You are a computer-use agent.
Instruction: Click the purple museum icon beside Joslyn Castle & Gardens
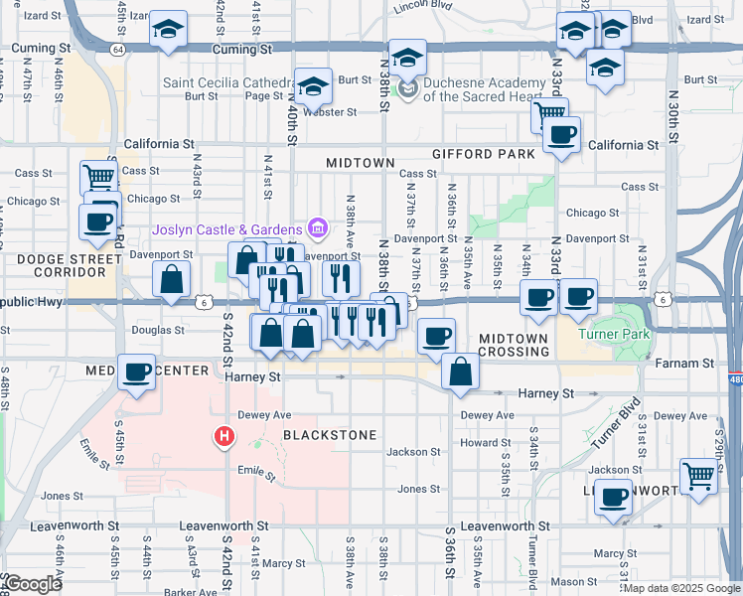coord(317,229)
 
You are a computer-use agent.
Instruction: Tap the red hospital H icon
coord(224,436)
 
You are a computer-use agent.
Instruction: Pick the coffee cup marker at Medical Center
coord(137,372)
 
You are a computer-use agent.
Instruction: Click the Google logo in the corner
coord(34,584)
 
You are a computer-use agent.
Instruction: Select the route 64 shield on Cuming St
coord(118,48)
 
